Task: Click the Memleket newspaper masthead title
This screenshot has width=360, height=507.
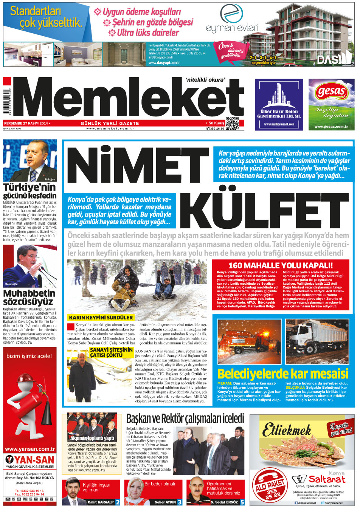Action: click(129, 99)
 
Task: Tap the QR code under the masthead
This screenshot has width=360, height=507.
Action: click(232, 123)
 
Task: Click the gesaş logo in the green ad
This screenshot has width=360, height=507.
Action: click(331, 92)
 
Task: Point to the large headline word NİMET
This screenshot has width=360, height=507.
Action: click(138, 165)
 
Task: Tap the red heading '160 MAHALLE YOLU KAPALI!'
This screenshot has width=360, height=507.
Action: click(280, 265)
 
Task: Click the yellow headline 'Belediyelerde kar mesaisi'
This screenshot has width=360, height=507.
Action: click(282, 374)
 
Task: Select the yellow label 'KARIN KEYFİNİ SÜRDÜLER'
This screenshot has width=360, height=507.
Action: click(101, 318)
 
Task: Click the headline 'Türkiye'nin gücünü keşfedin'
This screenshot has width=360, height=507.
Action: click(30, 191)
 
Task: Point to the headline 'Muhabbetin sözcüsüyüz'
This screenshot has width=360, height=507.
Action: click(29, 297)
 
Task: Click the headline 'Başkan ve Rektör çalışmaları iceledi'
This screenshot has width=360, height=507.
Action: click(185, 419)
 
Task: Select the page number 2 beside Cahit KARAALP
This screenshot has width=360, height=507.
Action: click(118, 502)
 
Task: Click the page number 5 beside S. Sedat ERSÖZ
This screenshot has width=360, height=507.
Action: click(242, 502)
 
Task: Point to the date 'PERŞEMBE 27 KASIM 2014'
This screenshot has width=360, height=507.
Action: click(26, 123)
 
